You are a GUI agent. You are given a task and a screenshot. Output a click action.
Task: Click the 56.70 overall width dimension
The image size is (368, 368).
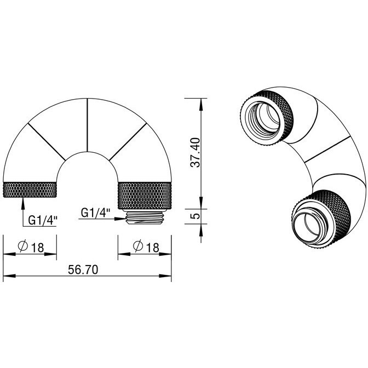point(83,270)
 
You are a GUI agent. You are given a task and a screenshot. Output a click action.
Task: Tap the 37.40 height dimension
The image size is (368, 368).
point(195,153)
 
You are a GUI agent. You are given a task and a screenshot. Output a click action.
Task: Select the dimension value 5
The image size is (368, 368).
point(196,216)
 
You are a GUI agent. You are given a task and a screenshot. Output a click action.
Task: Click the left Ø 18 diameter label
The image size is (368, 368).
point(31,246)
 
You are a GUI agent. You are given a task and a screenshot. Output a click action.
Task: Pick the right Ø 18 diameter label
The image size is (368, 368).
point(146,246)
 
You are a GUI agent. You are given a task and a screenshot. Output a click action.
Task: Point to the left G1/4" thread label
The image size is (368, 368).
point(43,220)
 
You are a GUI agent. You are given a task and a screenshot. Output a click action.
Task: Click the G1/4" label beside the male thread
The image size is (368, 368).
point(95,212)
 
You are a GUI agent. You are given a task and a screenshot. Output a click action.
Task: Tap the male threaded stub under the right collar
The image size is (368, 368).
point(145,217)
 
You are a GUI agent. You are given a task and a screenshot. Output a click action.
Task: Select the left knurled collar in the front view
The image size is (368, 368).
point(30,189)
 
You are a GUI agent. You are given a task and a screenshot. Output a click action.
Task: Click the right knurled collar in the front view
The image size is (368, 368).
point(145,196)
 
